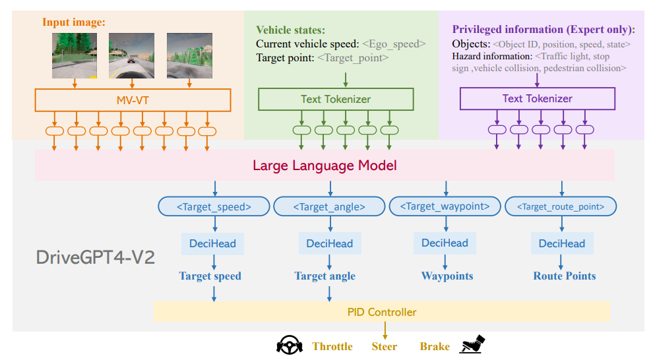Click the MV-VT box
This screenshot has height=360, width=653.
pos(132,100)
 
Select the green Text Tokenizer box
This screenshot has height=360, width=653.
pos(336,100)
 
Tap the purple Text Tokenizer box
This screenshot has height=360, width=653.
pos(537,99)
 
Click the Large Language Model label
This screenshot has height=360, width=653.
pos(325,165)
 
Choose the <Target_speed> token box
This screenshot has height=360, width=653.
pos(214,206)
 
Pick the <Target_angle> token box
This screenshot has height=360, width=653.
pos(330,206)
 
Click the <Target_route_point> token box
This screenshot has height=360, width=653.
pos(561,207)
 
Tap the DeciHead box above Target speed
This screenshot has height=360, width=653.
pos(213,243)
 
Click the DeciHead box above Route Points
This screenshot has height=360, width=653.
pos(561,243)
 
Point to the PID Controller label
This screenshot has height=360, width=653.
pos(382,312)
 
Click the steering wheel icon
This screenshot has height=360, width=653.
pos(288,345)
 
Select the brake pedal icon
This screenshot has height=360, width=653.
pos(473,344)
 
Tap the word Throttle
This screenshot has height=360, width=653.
pos(332,346)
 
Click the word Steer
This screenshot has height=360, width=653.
pos(385,346)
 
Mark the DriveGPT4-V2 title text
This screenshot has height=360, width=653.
pos(95,257)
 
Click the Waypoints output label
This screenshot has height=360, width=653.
pos(447,276)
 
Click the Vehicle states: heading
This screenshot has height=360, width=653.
pos(290,30)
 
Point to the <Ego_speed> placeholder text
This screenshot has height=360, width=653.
pos(391,44)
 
